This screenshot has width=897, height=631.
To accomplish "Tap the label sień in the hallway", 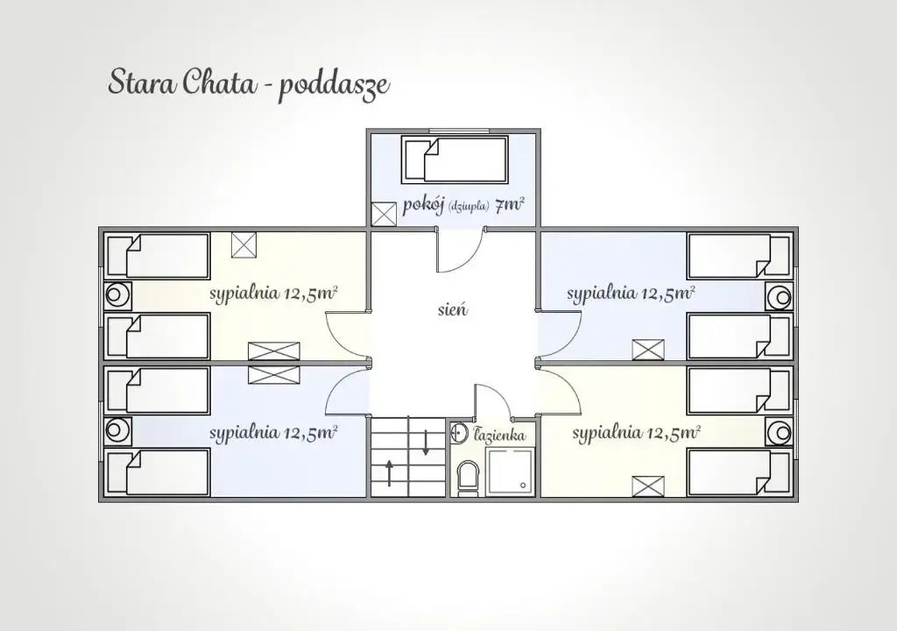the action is [453, 309].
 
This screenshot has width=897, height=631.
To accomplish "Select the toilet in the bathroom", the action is [468, 477].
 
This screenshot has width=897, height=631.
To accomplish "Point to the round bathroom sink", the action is [459, 433].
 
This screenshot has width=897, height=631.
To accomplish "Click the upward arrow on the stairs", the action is [389, 473].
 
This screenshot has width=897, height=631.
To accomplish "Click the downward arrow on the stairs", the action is [426, 443].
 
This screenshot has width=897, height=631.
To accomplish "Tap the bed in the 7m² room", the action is [456, 159].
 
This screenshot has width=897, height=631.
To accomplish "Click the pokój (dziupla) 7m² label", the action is [463, 205].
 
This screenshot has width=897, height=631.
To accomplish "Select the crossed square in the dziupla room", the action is [384, 214].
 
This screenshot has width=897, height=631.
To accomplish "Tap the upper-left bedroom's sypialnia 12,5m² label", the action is [273, 294].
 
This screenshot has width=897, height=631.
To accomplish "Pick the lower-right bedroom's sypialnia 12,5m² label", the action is [636, 433].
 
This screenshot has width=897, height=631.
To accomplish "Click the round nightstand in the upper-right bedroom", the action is [779, 296].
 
